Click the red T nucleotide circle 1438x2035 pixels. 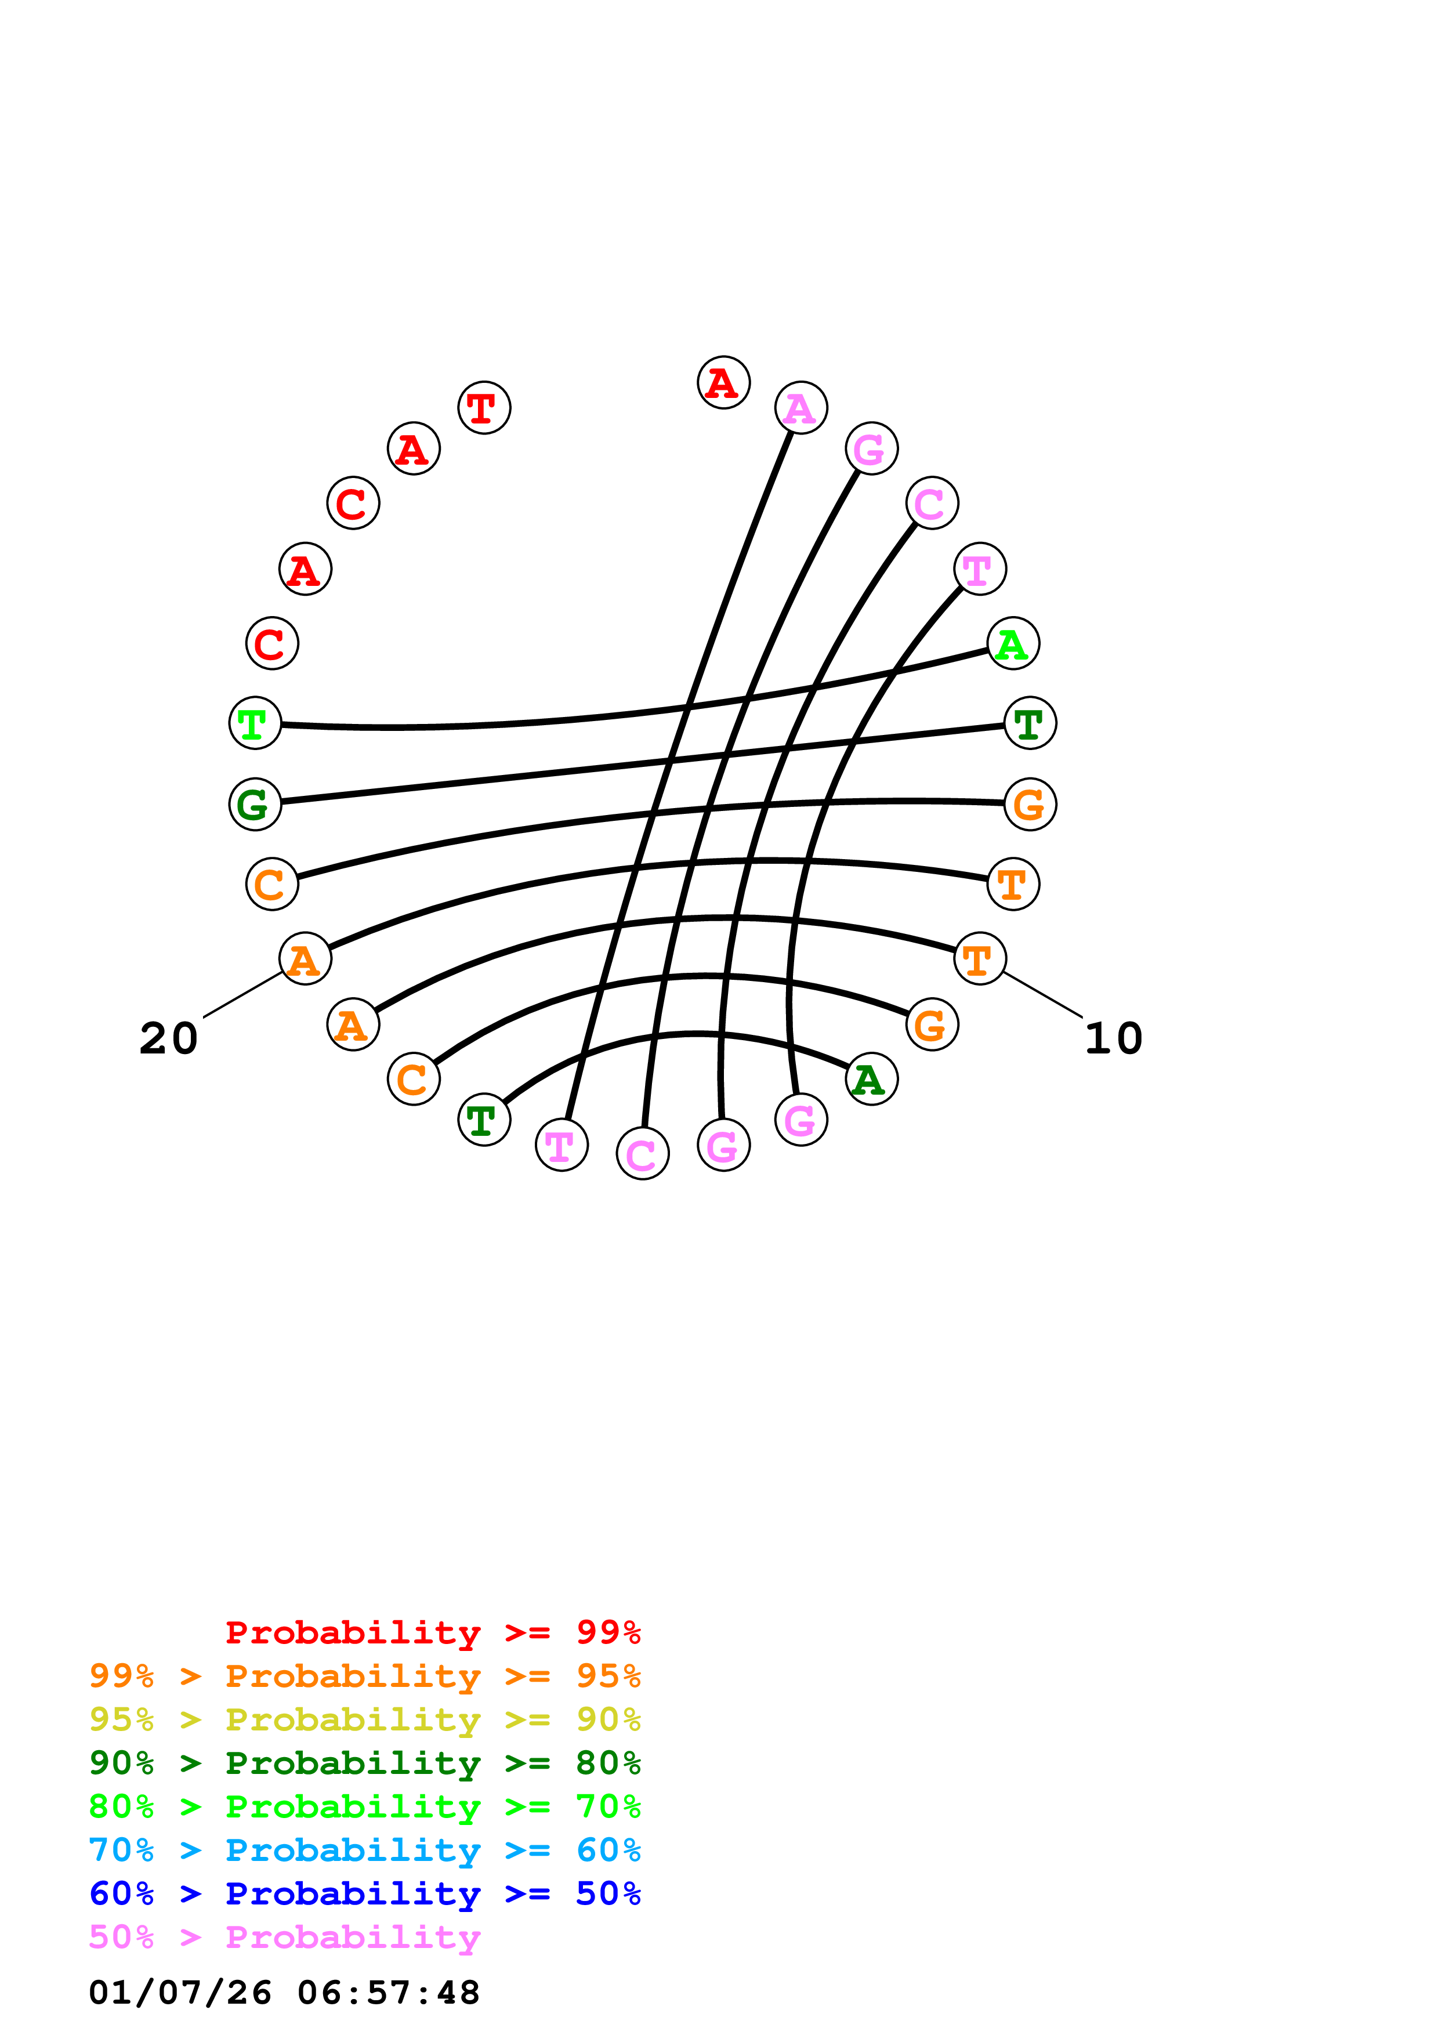(484, 408)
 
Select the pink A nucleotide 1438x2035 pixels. (801, 408)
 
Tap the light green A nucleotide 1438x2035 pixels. (1013, 643)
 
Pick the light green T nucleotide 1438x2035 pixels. (255, 723)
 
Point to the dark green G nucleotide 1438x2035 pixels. (255, 804)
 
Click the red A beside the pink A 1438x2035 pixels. (724, 383)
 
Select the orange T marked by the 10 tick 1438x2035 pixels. (980, 959)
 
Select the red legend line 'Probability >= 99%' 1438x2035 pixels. (432, 1632)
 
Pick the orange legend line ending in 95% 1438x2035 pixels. (364, 1675)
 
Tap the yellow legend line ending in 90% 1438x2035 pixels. (364, 1719)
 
